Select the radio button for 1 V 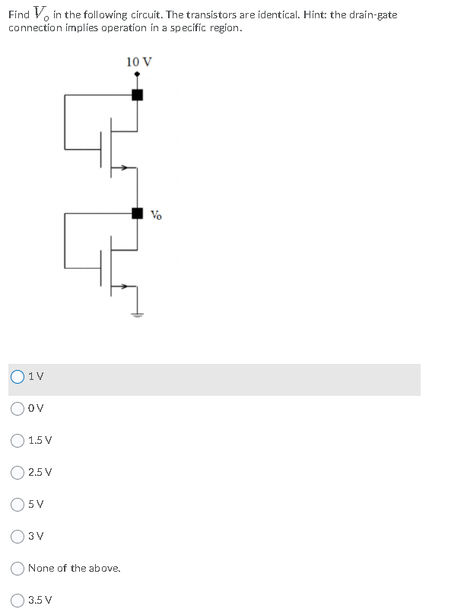click(17, 376)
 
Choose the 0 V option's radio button click(17, 408)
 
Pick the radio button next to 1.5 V click(17, 440)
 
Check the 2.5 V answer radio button click(17, 472)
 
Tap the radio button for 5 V click(17, 504)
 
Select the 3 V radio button click(17, 536)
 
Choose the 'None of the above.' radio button click(17, 568)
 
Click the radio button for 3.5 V click(17, 600)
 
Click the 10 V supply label click(137, 61)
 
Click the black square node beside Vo click(137, 213)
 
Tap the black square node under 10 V click(137, 95)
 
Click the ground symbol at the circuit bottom click(137, 314)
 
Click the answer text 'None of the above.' click(74, 568)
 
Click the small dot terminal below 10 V click(137, 75)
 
